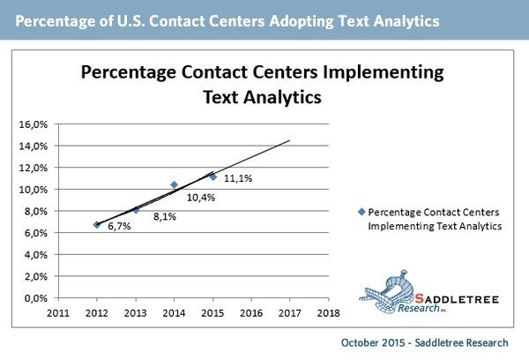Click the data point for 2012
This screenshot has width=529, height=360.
point(97,225)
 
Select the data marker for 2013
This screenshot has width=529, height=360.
point(136,209)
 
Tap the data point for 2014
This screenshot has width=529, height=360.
point(174,184)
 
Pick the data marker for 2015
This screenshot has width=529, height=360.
point(212,176)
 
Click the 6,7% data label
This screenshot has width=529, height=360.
point(119,227)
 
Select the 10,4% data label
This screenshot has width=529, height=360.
point(201,197)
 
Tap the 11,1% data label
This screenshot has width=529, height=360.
point(238,178)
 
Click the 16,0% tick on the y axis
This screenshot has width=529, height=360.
point(33,124)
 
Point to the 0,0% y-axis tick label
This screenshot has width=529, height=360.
point(34,298)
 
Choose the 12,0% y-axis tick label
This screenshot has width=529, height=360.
point(33,168)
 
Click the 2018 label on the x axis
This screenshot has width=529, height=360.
point(328,311)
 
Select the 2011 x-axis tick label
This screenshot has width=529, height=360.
point(58,311)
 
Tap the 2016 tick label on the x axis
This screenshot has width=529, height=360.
point(251,311)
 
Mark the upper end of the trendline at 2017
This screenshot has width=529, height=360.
point(289,140)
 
